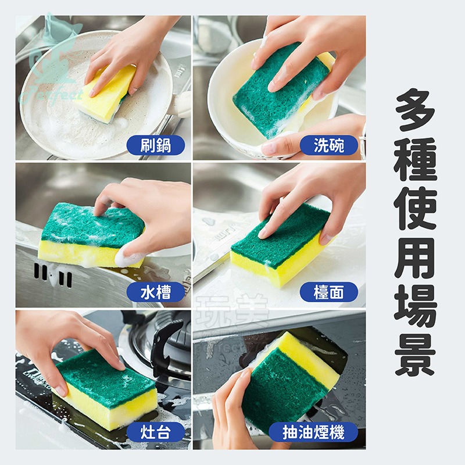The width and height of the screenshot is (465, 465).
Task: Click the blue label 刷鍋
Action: point(156,145)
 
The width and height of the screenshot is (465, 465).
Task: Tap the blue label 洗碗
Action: point(329,145)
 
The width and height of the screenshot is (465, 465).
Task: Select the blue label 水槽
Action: point(156,292)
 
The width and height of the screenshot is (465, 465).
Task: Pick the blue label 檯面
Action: point(329,292)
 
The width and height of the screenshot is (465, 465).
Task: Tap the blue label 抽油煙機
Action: point(313,432)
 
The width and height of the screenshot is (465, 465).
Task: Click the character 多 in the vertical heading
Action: point(415,108)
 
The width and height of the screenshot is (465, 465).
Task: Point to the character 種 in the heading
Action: point(415,160)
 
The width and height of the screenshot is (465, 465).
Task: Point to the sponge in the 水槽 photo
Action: point(87,235)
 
